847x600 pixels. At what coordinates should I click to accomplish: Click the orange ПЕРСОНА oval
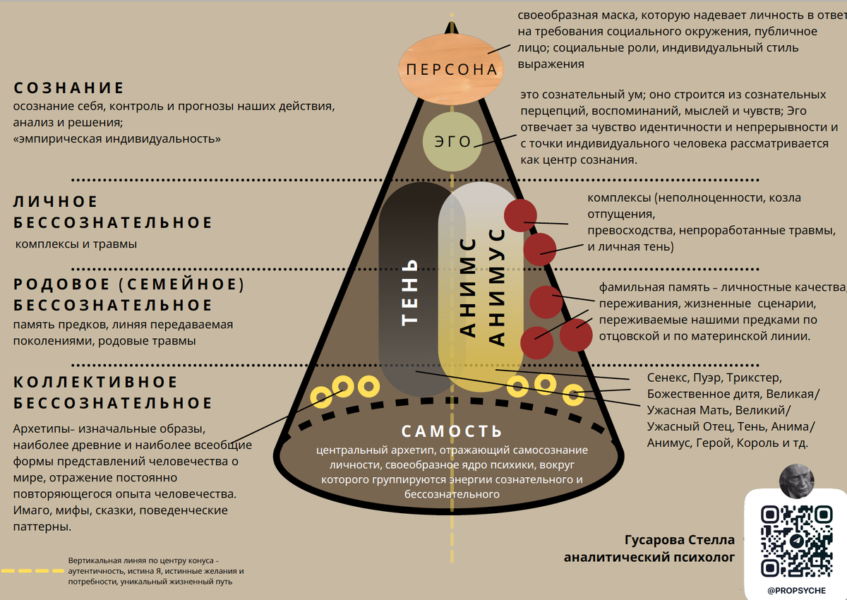[452, 68]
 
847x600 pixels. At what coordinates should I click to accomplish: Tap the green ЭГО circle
[452, 141]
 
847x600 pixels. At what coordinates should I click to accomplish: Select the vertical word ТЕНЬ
[410, 292]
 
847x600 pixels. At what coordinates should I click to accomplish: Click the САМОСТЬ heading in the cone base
[452, 431]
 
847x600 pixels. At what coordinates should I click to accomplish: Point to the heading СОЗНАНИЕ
[69, 88]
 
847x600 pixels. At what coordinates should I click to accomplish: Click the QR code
[795, 541]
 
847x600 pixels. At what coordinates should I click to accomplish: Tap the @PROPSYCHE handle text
[795, 589]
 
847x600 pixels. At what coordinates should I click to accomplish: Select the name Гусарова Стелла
[680, 540]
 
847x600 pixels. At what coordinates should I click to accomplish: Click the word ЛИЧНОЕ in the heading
[56, 202]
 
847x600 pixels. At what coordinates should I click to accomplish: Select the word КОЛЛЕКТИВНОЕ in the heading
[95, 382]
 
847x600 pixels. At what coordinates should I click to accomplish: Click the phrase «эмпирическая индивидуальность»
[117, 139]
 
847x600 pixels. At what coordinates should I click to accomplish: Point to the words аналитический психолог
[649, 558]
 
